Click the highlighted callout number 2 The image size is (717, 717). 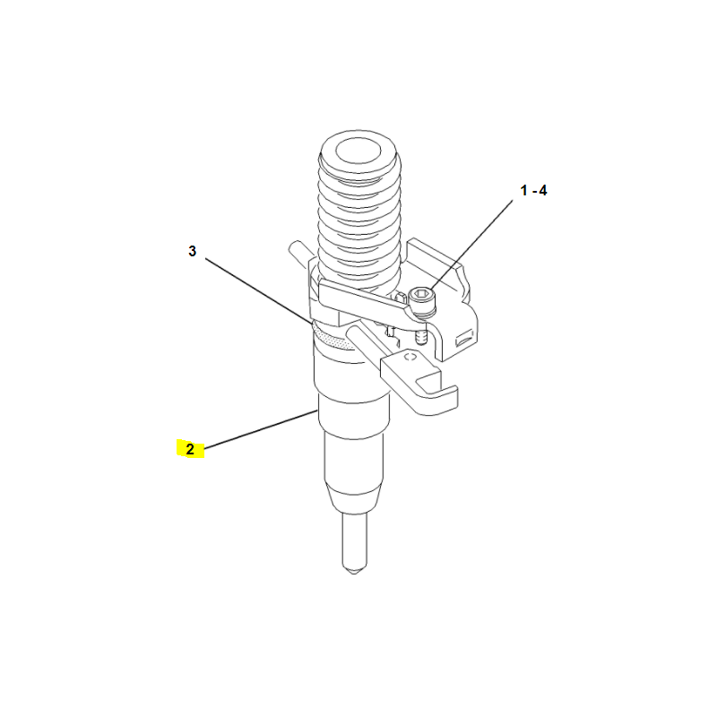tap(190, 449)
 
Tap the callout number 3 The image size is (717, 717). tap(193, 251)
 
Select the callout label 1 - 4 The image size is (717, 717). tap(533, 190)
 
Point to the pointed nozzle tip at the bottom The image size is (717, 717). tap(354, 569)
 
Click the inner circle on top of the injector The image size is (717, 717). tap(358, 151)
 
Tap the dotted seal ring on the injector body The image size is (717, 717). tap(335, 339)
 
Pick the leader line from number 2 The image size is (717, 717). tap(261, 429)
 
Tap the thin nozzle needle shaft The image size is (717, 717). tap(354, 539)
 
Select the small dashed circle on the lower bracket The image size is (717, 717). tap(410, 357)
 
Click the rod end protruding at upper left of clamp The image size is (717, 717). tap(299, 255)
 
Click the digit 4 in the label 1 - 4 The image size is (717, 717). tap(543, 190)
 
